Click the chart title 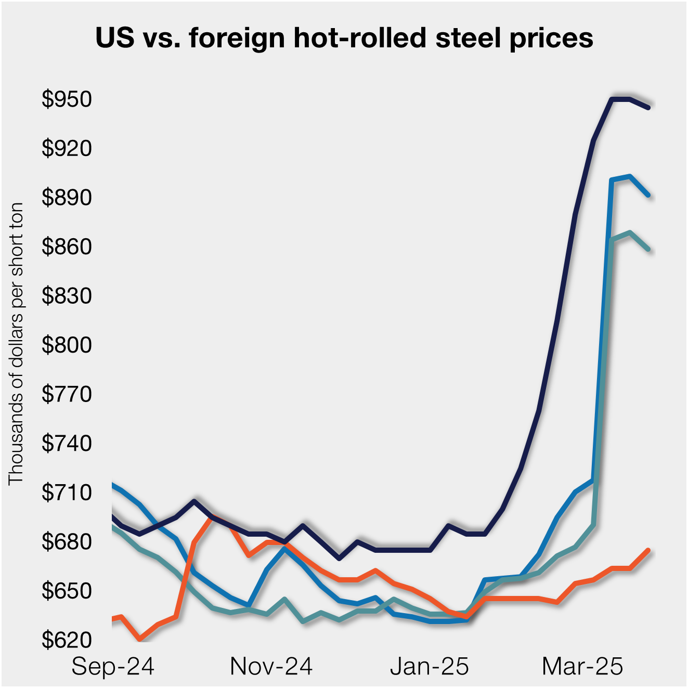[344, 38]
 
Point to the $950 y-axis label [67, 99]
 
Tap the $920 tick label [67, 148]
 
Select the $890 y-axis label [67, 197]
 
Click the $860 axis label [67, 246]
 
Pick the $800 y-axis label [67, 345]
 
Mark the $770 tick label [67, 394]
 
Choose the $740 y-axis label [67, 443]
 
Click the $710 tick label [67, 492]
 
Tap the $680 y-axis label [67, 541]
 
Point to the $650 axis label [67, 591]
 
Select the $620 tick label [67, 640]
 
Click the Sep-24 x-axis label [113, 666]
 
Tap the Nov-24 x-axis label [271, 666]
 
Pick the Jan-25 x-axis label [430, 666]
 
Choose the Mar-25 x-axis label [582, 666]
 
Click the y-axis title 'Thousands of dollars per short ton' [16, 344]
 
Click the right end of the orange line [648, 550]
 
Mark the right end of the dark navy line [648, 108]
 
